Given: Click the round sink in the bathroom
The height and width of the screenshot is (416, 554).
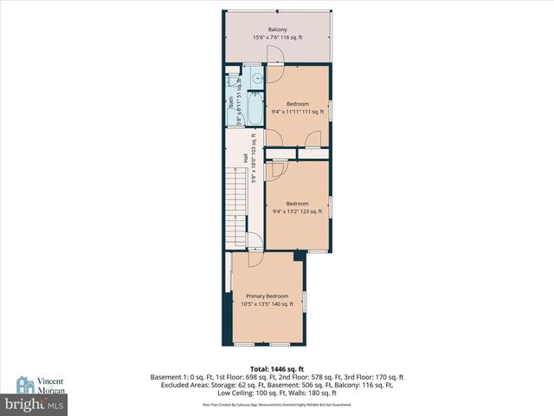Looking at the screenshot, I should tap(256, 80).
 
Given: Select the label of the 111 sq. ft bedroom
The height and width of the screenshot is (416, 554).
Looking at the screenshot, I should tap(297, 104).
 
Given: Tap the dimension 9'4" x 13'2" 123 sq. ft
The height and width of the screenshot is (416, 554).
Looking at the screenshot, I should tap(297, 211).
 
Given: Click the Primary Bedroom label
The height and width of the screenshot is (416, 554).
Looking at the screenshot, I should tap(267, 296).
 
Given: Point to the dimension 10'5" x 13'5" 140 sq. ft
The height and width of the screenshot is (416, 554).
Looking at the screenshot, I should tap(267, 304).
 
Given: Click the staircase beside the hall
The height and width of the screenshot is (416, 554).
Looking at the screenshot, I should tap(236, 204).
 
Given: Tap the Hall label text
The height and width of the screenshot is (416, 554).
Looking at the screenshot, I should tap(245, 159).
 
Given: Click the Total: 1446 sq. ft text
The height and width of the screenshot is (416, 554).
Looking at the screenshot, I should tap(277, 368).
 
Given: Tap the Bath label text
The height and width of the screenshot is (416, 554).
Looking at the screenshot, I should tap(230, 102).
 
